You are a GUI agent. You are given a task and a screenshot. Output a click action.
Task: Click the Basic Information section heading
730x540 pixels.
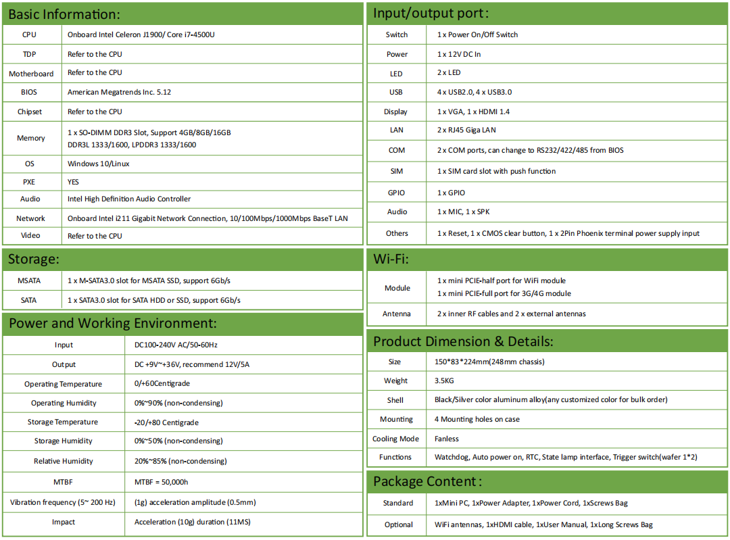tap(64, 14)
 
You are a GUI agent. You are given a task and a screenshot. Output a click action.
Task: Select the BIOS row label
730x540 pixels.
tap(29, 92)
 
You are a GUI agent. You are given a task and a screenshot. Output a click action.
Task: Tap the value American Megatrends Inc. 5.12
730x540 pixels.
tap(119, 92)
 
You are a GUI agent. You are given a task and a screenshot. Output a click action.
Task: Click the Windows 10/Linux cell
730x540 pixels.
tap(98, 164)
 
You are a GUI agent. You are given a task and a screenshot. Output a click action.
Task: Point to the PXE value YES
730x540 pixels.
tap(74, 182)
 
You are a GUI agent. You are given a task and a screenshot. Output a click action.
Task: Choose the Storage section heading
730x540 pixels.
tap(34, 259)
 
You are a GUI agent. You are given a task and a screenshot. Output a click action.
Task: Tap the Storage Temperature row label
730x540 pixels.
tap(63, 422)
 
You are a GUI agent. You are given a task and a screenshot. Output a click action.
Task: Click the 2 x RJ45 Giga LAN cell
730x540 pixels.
tap(466, 130)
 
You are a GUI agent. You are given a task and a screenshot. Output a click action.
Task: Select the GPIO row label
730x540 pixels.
tap(397, 193)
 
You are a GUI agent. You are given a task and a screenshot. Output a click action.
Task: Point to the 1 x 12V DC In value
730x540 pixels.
tap(459, 54)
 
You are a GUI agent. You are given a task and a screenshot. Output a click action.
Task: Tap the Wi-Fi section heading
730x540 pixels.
tap(391, 259)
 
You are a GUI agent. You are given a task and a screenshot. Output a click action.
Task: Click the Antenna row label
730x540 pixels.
tap(397, 314)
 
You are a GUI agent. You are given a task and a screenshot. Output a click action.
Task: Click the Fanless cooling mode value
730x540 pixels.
tap(447, 439)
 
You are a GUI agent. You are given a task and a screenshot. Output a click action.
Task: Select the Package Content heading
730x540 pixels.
tap(427, 481)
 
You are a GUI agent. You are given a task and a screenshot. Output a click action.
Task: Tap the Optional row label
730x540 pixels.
tap(398, 524)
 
